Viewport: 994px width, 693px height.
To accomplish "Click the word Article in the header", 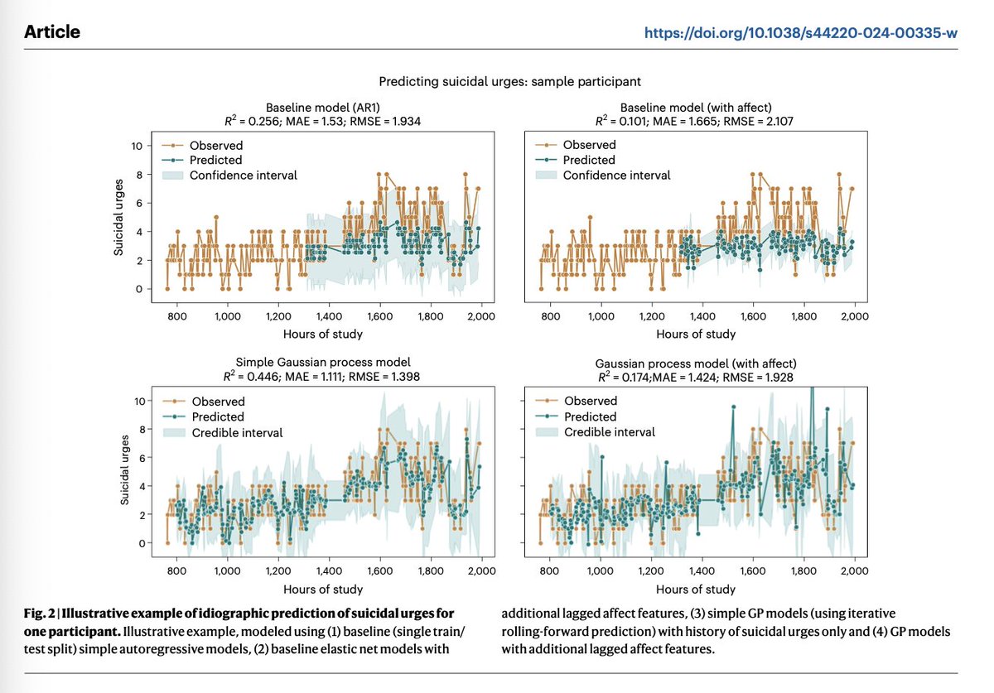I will pyautogui.click(x=53, y=32).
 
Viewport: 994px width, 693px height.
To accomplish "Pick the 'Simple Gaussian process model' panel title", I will pyautogui.click(x=323, y=362).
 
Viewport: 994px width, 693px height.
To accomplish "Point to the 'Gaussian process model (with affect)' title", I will pyautogui.click(x=696, y=363).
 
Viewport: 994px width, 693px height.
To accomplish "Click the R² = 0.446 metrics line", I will pyautogui.click(x=323, y=375).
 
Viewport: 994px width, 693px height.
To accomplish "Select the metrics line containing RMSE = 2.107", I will pyautogui.click(x=696, y=121).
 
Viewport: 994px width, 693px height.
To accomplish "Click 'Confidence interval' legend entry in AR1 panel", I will pyautogui.click(x=243, y=175).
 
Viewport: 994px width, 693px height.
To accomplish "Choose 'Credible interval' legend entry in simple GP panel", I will pyautogui.click(x=236, y=432).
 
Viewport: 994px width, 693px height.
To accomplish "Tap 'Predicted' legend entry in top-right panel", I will pyautogui.click(x=588, y=160).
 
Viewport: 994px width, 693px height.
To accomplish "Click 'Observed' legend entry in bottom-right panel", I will pyautogui.click(x=590, y=402).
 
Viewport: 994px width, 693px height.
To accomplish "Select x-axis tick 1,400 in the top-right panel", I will pyautogui.click(x=702, y=316).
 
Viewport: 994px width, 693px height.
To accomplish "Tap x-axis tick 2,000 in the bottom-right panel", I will pyautogui.click(x=854, y=571).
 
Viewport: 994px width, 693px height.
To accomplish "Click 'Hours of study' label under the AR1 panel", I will pyautogui.click(x=323, y=334).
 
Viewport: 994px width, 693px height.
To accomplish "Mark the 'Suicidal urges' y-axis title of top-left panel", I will pyautogui.click(x=119, y=217).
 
